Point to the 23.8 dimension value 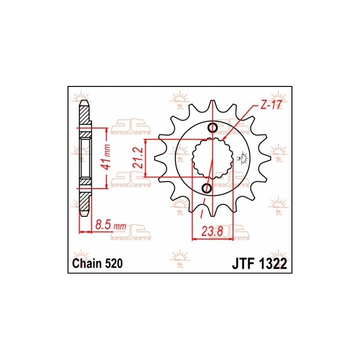point(212,232)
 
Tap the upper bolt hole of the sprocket point(214,128)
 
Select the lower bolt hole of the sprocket point(207,188)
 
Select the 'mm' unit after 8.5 point(120,225)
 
